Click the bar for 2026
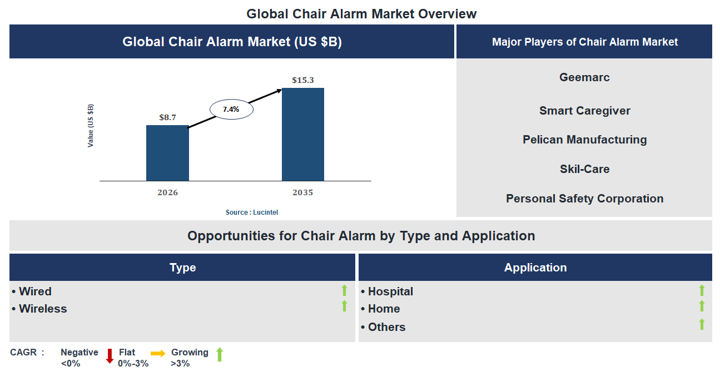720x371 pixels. [x=167, y=153]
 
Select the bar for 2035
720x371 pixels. [x=303, y=134]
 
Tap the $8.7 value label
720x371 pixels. [x=167, y=117]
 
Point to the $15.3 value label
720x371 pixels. [x=303, y=80]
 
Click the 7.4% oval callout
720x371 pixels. [x=231, y=110]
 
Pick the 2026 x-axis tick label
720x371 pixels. [x=167, y=192]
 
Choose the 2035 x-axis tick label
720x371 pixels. [x=303, y=192]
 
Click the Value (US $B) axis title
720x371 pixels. [x=91, y=126]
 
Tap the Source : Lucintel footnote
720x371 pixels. [x=252, y=212]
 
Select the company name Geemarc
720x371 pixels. [x=584, y=77]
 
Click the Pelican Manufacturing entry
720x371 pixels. [x=584, y=140]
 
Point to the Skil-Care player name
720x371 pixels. [x=584, y=169]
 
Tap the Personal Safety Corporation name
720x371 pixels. [x=584, y=199]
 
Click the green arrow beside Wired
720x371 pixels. [x=344, y=290]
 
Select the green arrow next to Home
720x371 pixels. [x=702, y=306]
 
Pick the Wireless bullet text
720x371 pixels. [x=42, y=309]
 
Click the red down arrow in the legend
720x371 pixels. [x=110, y=355]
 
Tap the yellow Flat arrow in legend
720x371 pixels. [x=158, y=353]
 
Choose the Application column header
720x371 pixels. [x=535, y=268]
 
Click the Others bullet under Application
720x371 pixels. [x=386, y=327]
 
